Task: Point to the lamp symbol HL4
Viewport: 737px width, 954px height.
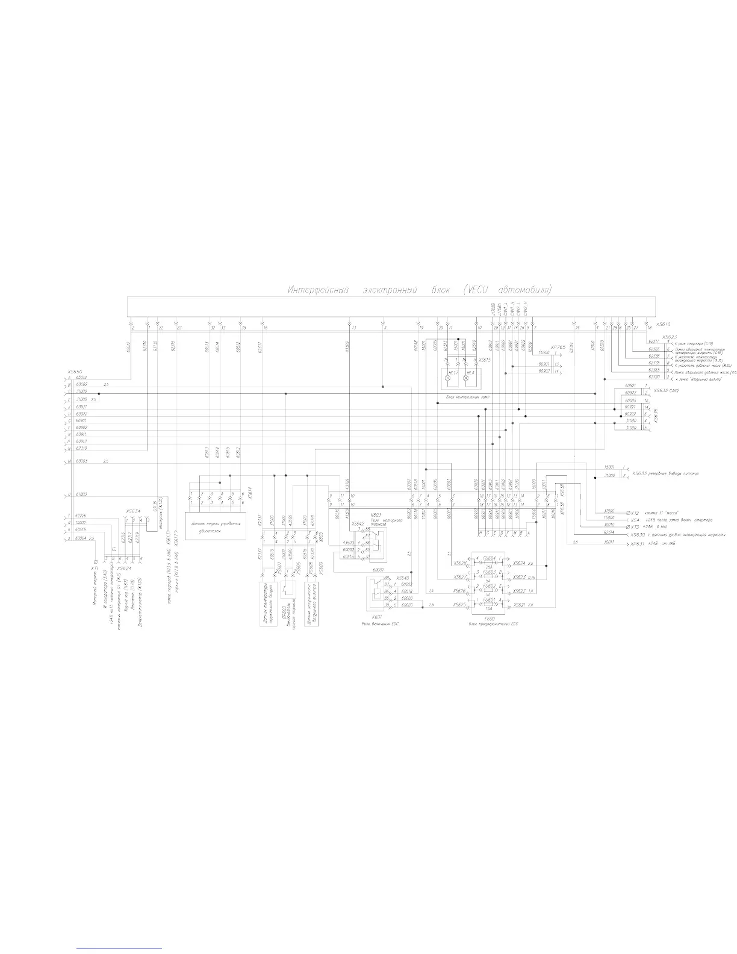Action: [466, 373]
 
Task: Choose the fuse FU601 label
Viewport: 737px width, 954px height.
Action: [488, 599]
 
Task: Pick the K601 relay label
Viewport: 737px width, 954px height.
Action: [377, 617]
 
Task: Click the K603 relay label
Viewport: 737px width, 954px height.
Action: [377, 516]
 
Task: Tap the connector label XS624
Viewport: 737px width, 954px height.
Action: [124, 568]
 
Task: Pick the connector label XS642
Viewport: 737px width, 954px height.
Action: [358, 523]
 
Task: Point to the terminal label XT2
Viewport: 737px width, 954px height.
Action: [632, 511]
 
